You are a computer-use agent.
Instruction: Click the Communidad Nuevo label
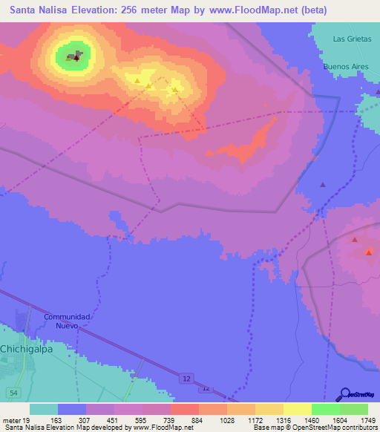[67, 321]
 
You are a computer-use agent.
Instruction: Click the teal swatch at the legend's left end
[44, 409]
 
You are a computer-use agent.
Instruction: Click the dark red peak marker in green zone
[76, 56]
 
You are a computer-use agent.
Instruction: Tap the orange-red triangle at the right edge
[369, 253]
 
